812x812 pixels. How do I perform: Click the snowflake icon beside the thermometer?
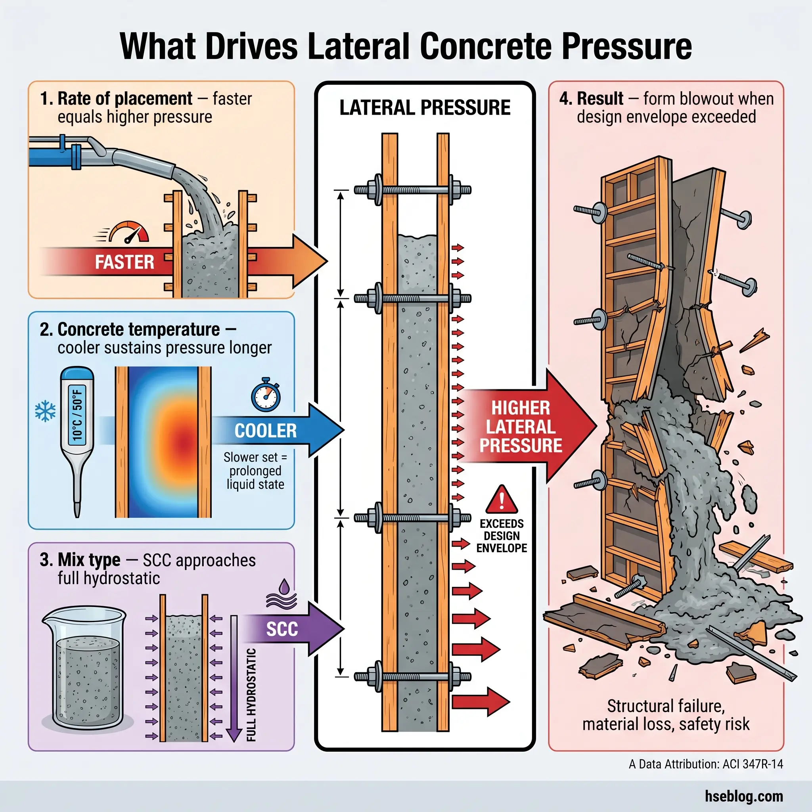coord(45,412)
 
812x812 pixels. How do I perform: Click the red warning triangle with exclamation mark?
coord(502,500)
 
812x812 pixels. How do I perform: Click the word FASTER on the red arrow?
coord(124,262)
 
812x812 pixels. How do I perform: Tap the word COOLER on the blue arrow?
coord(265,431)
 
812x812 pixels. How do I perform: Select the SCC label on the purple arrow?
coord(282,629)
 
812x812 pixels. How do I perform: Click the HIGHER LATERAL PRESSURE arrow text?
coord(520,427)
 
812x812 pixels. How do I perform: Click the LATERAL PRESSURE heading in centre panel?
coord(425,107)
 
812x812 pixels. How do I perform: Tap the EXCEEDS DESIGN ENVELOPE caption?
coord(502,536)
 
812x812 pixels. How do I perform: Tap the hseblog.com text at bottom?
coord(744,796)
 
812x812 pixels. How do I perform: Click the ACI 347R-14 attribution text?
coord(706,764)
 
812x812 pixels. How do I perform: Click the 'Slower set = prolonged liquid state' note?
coord(255,471)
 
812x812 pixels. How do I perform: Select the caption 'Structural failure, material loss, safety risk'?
coord(666,715)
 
